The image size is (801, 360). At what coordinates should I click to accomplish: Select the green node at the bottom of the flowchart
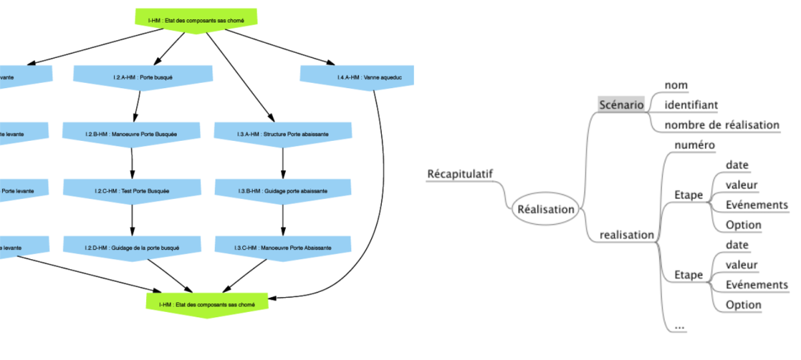pyautogui.click(x=206, y=305)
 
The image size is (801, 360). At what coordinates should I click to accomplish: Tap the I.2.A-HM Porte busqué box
pyautogui.click(x=142, y=77)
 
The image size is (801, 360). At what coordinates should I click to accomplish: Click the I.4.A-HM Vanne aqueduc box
pyautogui.click(x=356, y=77)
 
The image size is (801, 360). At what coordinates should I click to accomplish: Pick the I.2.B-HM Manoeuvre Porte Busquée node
pyautogui.click(x=131, y=134)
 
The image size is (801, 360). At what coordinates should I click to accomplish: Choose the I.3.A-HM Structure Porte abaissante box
pyautogui.click(x=282, y=134)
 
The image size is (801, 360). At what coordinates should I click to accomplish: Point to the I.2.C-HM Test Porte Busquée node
pyautogui.click(x=131, y=190)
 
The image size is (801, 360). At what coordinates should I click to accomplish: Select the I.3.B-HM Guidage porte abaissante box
pyautogui.click(x=282, y=190)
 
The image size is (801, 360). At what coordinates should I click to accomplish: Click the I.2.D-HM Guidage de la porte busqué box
pyautogui.click(x=131, y=247)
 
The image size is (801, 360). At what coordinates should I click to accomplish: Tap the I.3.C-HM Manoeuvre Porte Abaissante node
pyautogui.click(x=282, y=247)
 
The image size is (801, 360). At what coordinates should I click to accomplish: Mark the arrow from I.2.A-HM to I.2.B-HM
pyautogui.click(x=137, y=104)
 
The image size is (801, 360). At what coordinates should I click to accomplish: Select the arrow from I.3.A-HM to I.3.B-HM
pyautogui.click(x=282, y=161)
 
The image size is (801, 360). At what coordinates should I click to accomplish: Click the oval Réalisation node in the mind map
pyautogui.click(x=545, y=209)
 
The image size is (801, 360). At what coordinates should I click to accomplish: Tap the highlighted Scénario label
pyautogui.click(x=621, y=105)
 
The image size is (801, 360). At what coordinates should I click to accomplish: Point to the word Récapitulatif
pyautogui.click(x=459, y=174)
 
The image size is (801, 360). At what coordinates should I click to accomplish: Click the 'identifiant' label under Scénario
pyautogui.click(x=691, y=105)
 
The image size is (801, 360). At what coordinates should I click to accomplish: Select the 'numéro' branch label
pyautogui.click(x=694, y=145)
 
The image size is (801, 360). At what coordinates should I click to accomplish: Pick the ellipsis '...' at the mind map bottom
pyautogui.click(x=680, y=326)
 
